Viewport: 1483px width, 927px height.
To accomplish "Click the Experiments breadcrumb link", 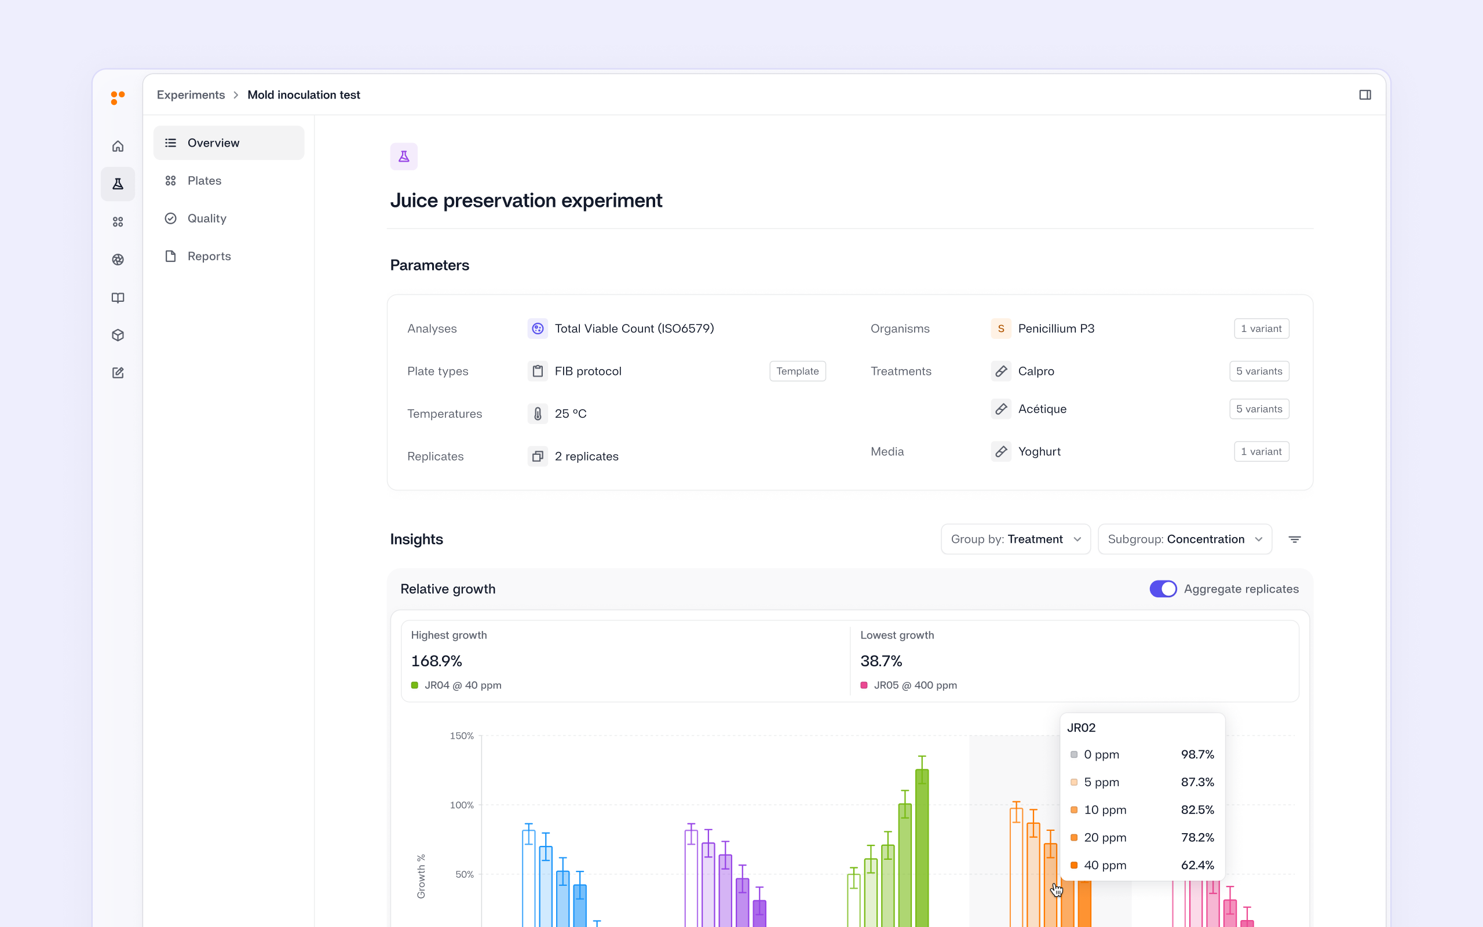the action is coord(191,95).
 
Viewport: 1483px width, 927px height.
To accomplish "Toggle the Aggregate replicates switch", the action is coord(1163,589).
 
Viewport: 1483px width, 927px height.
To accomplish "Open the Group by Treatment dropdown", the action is coord(1016,539).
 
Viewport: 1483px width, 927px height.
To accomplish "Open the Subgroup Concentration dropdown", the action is coord(1185,539).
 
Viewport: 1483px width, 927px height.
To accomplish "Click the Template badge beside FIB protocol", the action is coord(797,371).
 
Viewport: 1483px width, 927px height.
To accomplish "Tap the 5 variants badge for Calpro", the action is coord(1259,371).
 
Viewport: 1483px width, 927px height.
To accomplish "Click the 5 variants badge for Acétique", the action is coord(1259,409).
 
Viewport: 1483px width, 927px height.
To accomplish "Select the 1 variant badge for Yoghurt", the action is coord(1261,451).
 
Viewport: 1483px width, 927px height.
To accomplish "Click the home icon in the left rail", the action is coord(118,146).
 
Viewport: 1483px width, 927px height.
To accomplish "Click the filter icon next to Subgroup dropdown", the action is coord(1294,539).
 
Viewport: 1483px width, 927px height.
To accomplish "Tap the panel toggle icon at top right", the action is coord(1365,95).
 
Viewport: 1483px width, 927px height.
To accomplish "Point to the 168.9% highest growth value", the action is coord(436,661).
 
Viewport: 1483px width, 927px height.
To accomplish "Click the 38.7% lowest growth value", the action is coord(881,661).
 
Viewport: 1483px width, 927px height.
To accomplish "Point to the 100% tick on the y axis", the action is coord(462,805).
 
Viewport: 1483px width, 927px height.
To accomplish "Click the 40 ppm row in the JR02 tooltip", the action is coord(1142,865).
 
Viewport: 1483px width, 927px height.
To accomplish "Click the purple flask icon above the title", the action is coord(404,156).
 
